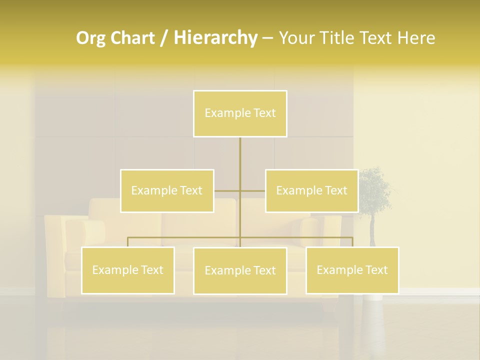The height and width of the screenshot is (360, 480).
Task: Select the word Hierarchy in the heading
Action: click(x=215, y=38)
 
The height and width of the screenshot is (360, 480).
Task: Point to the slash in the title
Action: click(x=164, y=38)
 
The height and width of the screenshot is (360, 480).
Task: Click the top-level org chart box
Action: click(x=240, y=113)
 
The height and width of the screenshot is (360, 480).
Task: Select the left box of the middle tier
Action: click(x=167, y=190)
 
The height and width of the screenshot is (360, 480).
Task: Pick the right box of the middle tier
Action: click(x=312, y=190)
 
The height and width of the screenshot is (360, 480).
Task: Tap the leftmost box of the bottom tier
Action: click(x=128, y=270)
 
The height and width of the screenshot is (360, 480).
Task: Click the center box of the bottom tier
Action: click(x=240, y=270)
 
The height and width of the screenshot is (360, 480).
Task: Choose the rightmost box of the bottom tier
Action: click(x=352, y=270)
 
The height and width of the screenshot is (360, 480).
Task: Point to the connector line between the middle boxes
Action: click(x=239, y=190)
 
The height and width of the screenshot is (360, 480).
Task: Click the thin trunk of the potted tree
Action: click(x=372, y=230)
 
